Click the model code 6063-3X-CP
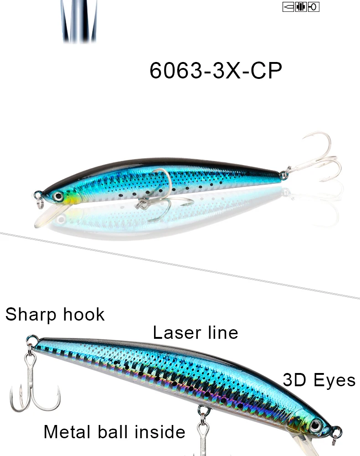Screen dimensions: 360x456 [x=216, y=70]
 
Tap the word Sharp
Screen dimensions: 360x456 [x=31, y=315]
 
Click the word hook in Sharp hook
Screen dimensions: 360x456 [x=84, y=314]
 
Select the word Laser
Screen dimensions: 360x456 [x=177, y=332]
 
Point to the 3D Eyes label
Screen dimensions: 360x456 [x=319, y=380]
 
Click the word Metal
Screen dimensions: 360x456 [x=67, y=431]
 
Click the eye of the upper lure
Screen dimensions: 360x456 [x=58, y=196]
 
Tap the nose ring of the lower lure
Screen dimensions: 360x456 [x=337, y=435]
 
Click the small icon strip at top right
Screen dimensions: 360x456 [x=301, y=7]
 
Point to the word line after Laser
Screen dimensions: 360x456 [x=223, y=332]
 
